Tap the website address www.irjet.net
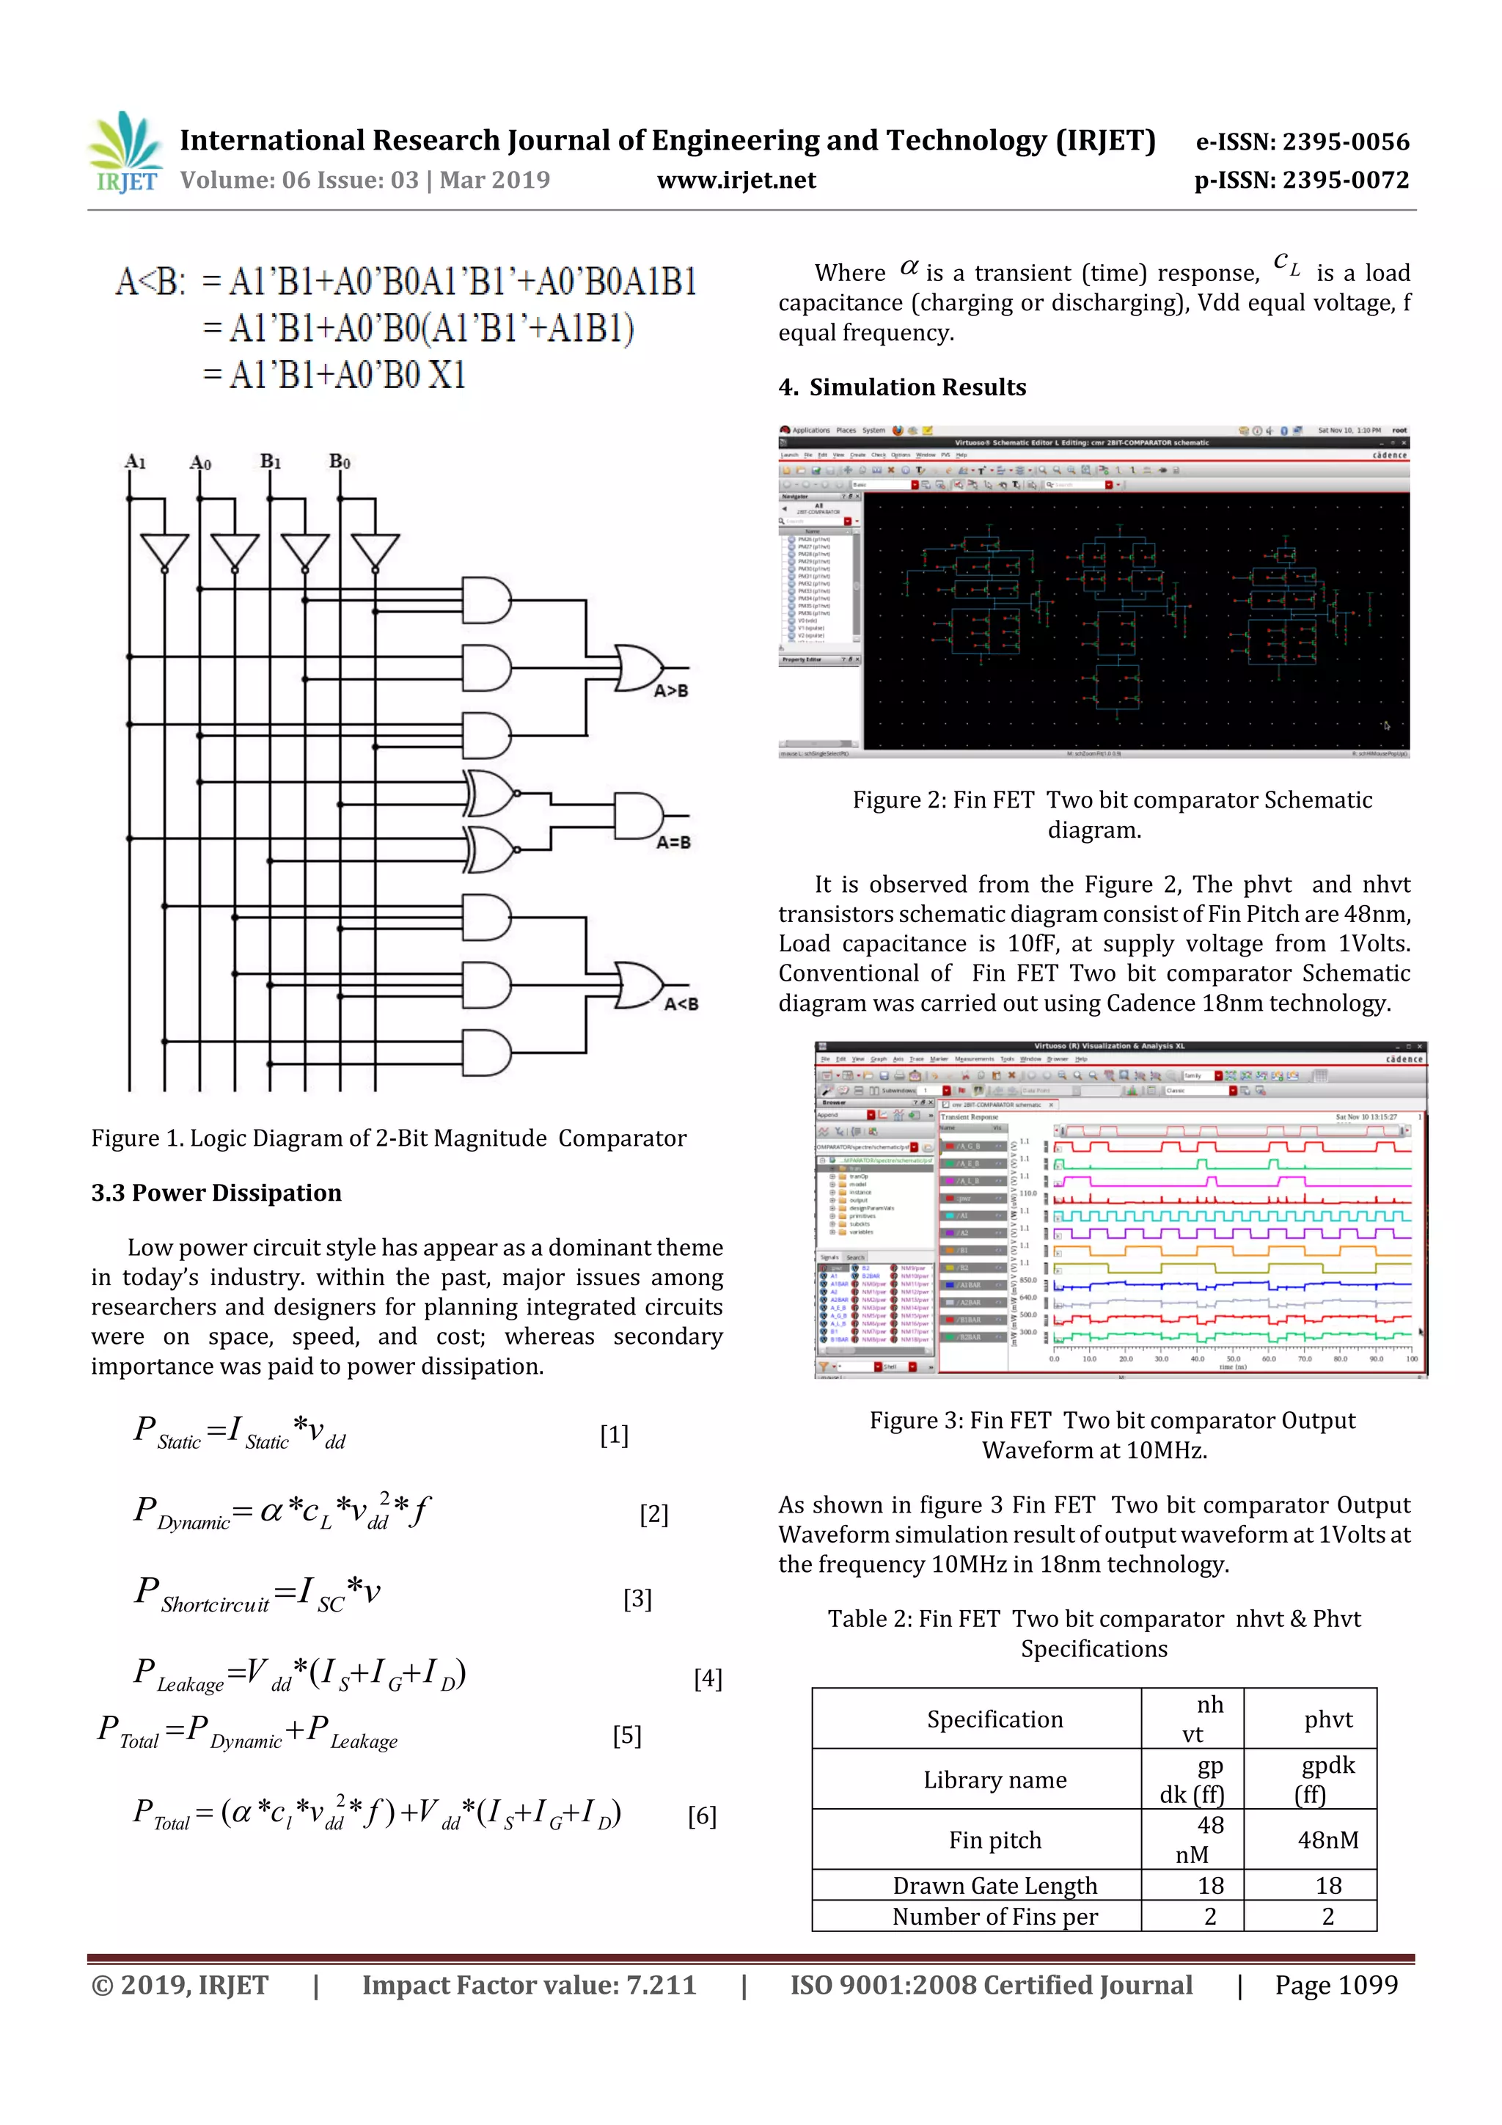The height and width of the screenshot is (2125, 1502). pyautogui.click(x=736, y=180)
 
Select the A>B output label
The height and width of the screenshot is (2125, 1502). pyautogui.click(x=671, y=690)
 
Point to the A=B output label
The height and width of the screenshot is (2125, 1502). pyautogui.click(x=673, y=842)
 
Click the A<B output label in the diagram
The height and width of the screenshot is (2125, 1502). pyautogui.click(x=681, y=1004)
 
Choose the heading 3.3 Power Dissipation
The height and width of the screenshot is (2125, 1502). pyautogui.click(x=216, y=1192)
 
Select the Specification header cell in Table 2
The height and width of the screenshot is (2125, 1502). pyautogui.click(x=995, y=1719)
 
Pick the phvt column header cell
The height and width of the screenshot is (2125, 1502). pyautogui.click(x=1328, y=1719)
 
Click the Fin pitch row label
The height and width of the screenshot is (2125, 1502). pyautogui.click(x=995, y=1840)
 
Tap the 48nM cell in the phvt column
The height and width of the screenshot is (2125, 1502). pyautogui.click(x=1328, y=1840)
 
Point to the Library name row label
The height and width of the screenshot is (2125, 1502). pyautogui.click(x=995, y=1779)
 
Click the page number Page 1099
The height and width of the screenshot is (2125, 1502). pyautogui.click(x=1336, y=1984)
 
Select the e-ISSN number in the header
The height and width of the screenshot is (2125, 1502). pyautogui.click(x=1302, y=142)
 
